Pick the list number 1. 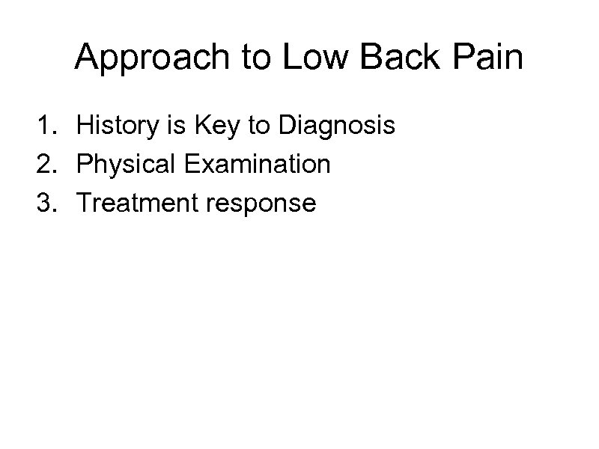pos(44,126)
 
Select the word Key pos(214,126)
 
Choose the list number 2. pos(44,164)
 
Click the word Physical pos(124,164)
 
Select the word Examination pos(255,164)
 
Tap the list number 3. pos(44,202)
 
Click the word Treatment pos(136,202)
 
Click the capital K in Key pos(199,126)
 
